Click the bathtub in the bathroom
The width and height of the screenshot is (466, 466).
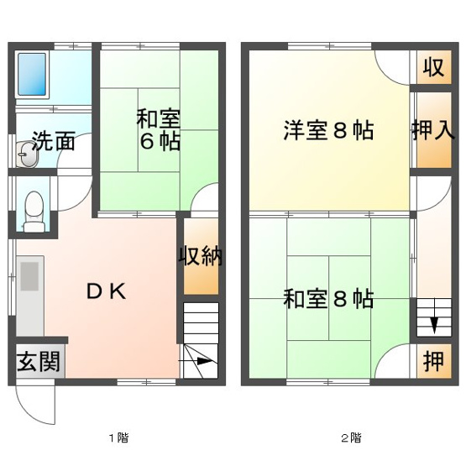pyautogui.click(x=32, y=74)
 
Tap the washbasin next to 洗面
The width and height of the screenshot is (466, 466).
pyautogui.click(x=27, y=154)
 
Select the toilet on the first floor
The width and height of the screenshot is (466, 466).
pyautogui.click(x=34, y=212)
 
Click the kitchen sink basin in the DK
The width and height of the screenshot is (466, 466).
pyautogui.click(x=29, y=276)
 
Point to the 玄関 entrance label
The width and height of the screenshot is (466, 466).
pyautogui.click(x=39, y=361)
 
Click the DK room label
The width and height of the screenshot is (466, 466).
pyautogui.click(x=107, y=291)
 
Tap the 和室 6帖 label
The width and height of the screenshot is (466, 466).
pyautogui.click(x=159, y=130)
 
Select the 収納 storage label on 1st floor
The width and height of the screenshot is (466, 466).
pyautogui.click(x=201, y=255)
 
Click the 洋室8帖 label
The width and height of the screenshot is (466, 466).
pyautogui.click(x=328, y=130)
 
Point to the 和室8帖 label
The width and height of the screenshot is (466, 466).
pyautogui.click(x=328, y=299)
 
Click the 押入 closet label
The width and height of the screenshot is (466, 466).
pyautogui.click(x=433, y=130)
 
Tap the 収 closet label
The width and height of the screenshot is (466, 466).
pyautogui.click(x=433, y=67)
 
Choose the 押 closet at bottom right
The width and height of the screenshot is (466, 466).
pyautogui.click(x=433, y=361)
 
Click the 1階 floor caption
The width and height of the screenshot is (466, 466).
pyautogui.click(x=118, y=437)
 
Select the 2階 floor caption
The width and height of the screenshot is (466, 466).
pyautogui.click(x=351, y=437)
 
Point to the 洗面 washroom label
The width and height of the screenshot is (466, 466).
pyautogui.click(x=53, y=141)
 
